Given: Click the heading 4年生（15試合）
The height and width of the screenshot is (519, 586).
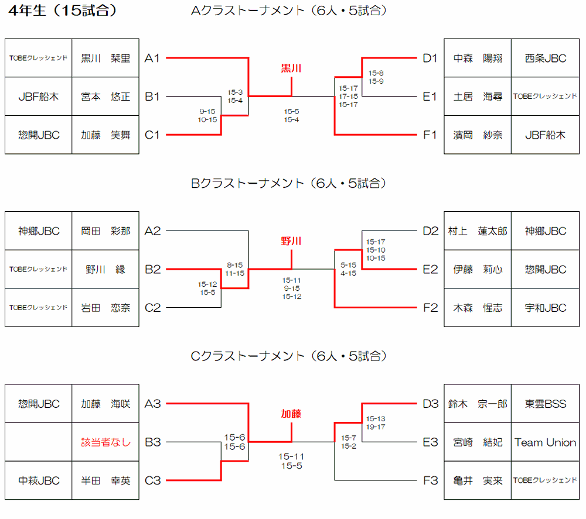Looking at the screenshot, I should pyautogui.click(x=63, y=11).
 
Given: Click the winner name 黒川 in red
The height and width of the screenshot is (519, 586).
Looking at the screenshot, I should pyautogui.click(x=291, y=68).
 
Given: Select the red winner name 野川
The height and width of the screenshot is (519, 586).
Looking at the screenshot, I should pyautogui.click(x=291, y=241).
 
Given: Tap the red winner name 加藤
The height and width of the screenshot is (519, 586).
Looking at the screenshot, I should pyautogui.click(x=291, y=414).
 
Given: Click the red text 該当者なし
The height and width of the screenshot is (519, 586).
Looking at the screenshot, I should pyautogui.click(x=105, y=442).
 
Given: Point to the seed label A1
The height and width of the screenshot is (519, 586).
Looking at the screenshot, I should pyautogui.click(x=152, y=58).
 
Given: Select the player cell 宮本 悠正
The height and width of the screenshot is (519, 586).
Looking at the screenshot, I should pyautogui.click(x=105, y=97).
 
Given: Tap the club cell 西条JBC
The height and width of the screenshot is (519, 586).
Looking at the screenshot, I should pyautogui.click(x=545, y=58).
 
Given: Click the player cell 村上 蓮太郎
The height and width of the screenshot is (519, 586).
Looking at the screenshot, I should pyautogui.click(x=478, y=231).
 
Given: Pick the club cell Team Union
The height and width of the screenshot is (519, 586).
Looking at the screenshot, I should pyautogui.click(x=545, y=442).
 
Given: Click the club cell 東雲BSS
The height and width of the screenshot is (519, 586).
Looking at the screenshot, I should pyautogui.click(x=545, y=404).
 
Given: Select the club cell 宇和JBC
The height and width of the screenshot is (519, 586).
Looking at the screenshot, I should pyautogui.click(x=545, y=308).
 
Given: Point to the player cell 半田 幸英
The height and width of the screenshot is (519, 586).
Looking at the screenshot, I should pyautogui.click(x=105, y=480).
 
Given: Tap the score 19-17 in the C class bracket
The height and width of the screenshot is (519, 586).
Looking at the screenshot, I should pyautogui.click(x=376, y=427).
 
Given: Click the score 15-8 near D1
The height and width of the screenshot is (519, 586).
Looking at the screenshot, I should pyautogui.click(x=376, y=73).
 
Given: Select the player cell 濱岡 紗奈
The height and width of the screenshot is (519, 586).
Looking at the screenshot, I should pyautogui.click(x=478, y=135).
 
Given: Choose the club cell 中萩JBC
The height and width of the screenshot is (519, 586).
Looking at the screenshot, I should pyautogui.click(x=39, y=480).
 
